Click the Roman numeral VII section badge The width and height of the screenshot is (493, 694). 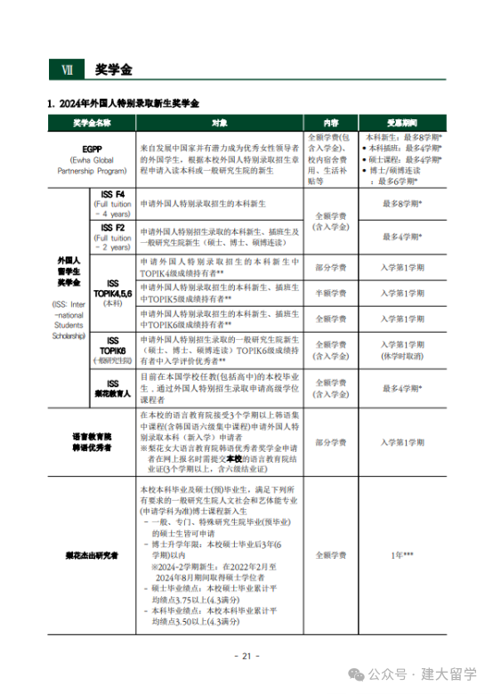click(67, 69)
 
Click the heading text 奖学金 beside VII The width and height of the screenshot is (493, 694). click(113, 69)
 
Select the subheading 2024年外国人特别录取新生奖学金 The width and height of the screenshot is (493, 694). click(128, 104)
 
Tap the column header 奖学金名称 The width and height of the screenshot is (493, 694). click(93, 123)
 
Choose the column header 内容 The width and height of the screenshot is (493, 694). click(330, 123)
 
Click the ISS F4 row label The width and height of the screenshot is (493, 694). click(113, 202)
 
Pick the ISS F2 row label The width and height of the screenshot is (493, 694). click(113, 236)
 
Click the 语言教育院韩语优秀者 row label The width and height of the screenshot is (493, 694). click(93, 442)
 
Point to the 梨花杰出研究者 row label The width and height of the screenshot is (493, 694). click(93, 555)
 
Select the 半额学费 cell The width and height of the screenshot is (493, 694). click(330, 293)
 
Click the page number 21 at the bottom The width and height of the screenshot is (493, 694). click(246, 657)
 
